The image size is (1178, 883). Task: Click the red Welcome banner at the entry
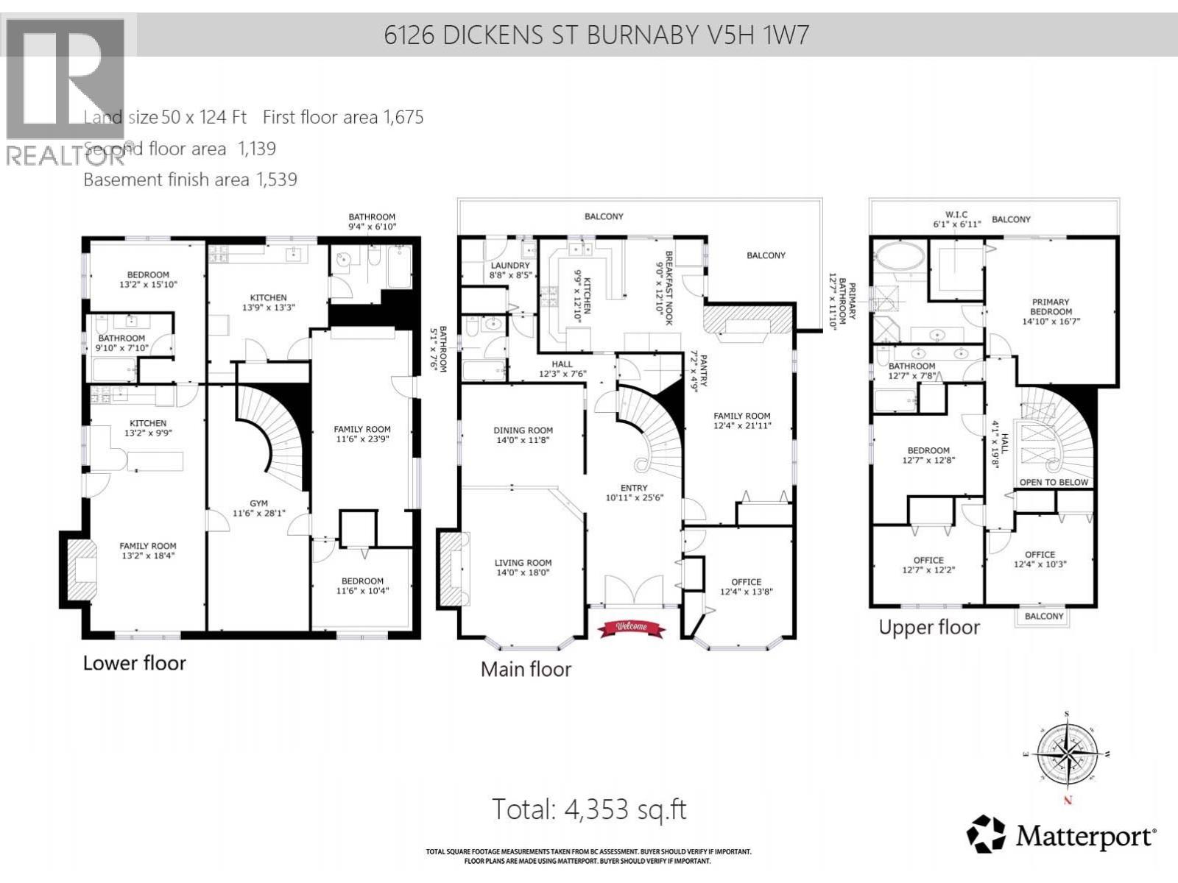coord(631,628)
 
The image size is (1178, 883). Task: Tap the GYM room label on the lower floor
coord(258,508)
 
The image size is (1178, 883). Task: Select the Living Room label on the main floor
coord(523,567)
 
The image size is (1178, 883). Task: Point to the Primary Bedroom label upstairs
coord(1051,311)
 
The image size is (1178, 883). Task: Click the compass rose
coord(1067,756)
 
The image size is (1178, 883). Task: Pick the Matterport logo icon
coord(986,834)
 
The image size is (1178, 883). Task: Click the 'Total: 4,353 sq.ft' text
coord(589,809)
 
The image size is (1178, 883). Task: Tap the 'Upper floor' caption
coord(929,627)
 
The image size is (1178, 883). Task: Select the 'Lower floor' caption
coord(134,662)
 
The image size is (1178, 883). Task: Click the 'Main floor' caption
coord(526,669)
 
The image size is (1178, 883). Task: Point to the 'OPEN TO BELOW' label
coord(1054,482)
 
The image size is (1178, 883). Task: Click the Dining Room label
coord(523,435)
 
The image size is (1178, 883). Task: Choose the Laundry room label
coord(509,270)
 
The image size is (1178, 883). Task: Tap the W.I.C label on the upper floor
coord(956,219)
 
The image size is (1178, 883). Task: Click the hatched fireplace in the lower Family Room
coord(82,570)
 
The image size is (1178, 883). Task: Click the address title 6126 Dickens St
coord(596,35)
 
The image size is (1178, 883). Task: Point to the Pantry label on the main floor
coord(698,372)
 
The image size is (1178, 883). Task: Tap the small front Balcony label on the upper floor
coord(1044,616)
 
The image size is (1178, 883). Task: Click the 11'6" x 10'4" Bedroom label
coord(362,586)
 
